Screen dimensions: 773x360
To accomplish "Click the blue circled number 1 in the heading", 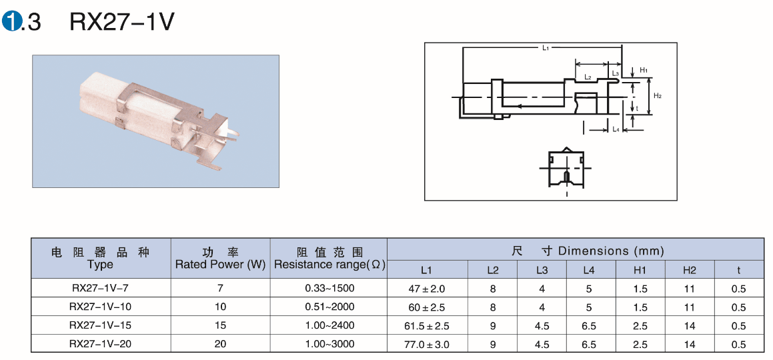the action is tap(11, 22).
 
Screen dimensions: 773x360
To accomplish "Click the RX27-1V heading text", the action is tap(122, 22).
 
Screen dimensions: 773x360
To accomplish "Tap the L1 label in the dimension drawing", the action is tap(546, 48).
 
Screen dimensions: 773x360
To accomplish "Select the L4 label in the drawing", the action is tap(616, 129).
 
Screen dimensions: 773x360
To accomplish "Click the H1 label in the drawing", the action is tap(644, 71).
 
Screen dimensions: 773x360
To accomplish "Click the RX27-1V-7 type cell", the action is tap(101, 288).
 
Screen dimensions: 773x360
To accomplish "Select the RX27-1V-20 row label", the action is tap(101, 344).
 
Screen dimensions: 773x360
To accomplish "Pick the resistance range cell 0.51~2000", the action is tap(329, 307).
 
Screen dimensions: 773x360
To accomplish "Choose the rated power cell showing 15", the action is tap(220, 325).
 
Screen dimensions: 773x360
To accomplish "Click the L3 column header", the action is tap(542, 270).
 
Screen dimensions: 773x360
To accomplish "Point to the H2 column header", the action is tap(690, 270).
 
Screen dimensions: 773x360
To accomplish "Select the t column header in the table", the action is tap(738, 270).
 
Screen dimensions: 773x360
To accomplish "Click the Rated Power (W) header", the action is tap(220, 265).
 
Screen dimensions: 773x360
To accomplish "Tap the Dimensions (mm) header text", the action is tap(612, 251).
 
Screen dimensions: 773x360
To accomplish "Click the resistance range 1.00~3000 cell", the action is tap(329, 344).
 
